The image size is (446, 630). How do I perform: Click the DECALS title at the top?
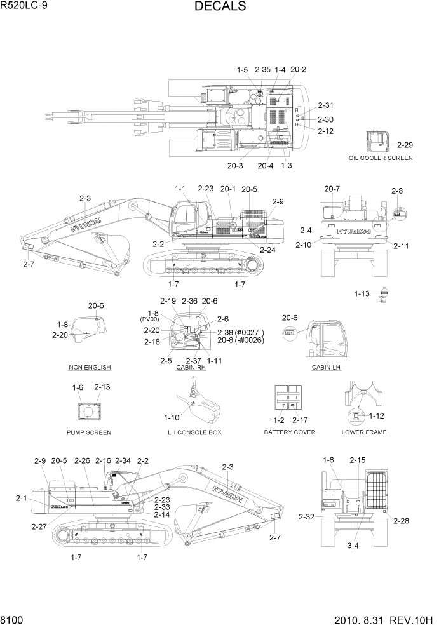(220, 7)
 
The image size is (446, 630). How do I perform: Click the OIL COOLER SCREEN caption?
(380, 157)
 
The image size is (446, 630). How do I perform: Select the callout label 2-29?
(404, 145)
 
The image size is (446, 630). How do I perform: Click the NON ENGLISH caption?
(90, 367)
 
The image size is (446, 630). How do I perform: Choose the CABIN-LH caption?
(325, 367)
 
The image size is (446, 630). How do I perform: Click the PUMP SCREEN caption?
(89, 432)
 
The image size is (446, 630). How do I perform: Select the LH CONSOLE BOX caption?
(194, 432)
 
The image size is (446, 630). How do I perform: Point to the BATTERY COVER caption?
(290, 432)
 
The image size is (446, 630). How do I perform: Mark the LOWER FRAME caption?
(364, 432)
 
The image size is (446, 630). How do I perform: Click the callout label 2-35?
(262, 69)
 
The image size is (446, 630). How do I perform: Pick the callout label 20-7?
(332, 189)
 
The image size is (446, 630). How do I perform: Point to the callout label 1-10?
(172, 417)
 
